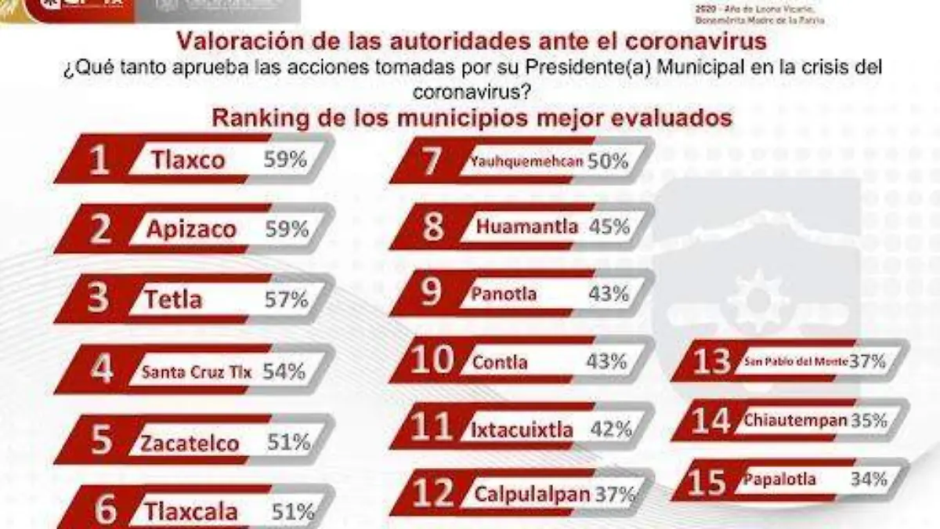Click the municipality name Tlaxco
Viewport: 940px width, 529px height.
pyautogui.click(x=188, y=160)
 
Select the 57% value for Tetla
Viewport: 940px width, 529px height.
pyautogui.click(x=286, y=299)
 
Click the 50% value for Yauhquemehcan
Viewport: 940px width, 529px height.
pyautogui.click(x=609, y=161)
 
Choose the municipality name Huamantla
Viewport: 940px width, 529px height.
pyautogui.click(x=527, y=227)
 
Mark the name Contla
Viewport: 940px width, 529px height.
pyautogui.click(x=500, y=363)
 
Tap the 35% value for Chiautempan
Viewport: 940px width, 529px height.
pyautogui.click(x=869, y=420)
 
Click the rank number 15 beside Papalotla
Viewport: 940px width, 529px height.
pyautogui.click(x=707, y=480)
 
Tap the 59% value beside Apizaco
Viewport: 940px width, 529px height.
pyautogui.click(x=287, y=230)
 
